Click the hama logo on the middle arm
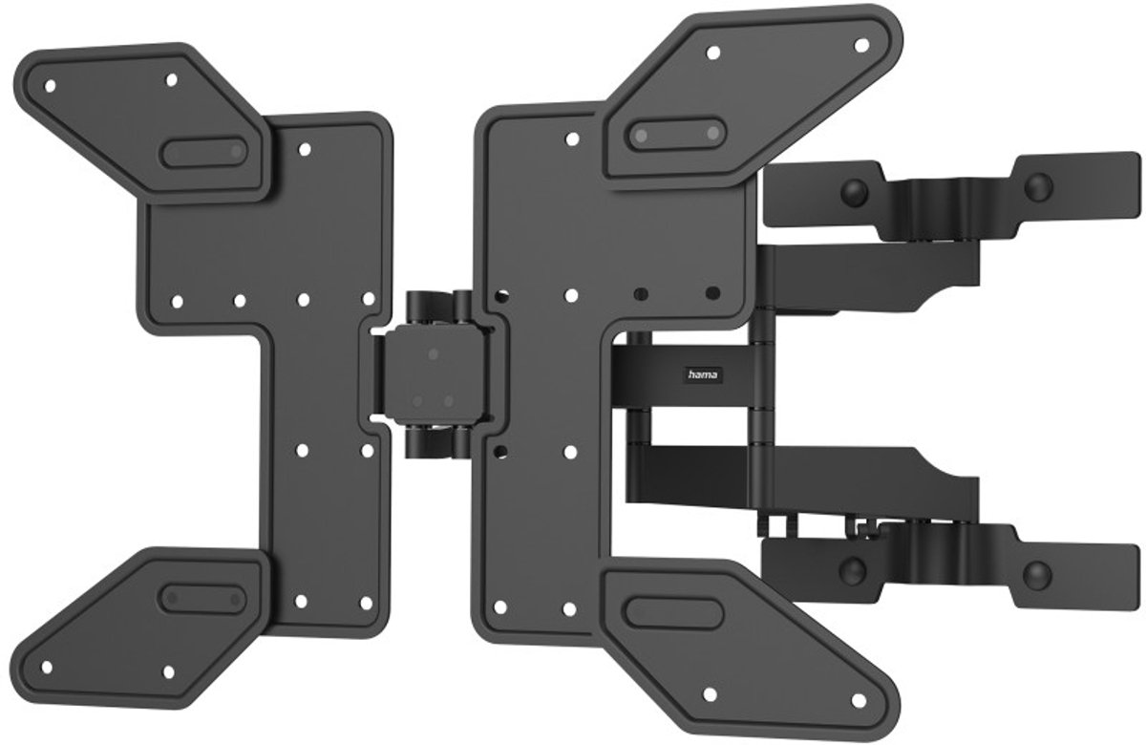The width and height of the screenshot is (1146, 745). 703,375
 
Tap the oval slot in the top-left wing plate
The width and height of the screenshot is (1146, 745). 204,152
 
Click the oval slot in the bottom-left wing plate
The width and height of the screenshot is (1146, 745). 202,598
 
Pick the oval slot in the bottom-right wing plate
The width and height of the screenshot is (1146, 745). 674,613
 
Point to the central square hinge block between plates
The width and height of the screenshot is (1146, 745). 434,376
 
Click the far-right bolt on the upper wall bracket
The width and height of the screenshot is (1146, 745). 1038,187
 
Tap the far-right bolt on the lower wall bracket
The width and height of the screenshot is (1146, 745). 1036,574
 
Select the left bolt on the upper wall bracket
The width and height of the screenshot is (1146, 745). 855,192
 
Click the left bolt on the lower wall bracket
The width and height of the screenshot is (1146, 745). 852,568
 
